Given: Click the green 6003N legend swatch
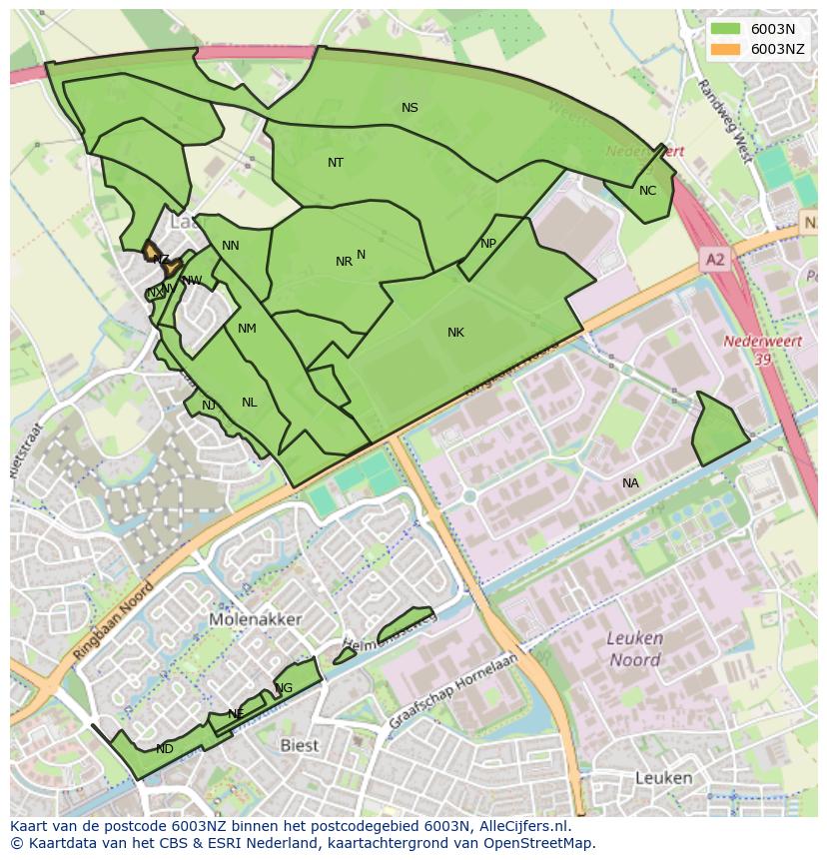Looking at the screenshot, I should pos(726,29).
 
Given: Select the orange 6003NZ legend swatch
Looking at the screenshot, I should pos(726,48).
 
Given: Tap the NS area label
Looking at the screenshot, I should pos(410,108).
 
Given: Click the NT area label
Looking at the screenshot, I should pos(336,162).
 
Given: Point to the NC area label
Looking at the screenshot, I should pos(647,191).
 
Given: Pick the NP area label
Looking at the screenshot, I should pos(488,244).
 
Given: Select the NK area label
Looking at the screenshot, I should pos(455,333).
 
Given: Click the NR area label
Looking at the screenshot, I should pos(344,262).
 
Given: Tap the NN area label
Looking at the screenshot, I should pos(231,246).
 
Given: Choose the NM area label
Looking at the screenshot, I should pos(247,329).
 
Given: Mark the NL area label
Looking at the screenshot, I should pos(249,403).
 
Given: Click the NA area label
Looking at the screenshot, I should pos(630,483).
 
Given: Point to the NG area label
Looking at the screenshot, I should pos(285,688).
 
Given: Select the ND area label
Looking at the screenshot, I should pos(165,749).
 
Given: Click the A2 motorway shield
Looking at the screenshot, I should pos(714,260).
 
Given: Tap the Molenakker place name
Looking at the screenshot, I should pos(256,619).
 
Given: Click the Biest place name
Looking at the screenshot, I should pos(299,745).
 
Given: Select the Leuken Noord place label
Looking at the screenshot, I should pos(635,649).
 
